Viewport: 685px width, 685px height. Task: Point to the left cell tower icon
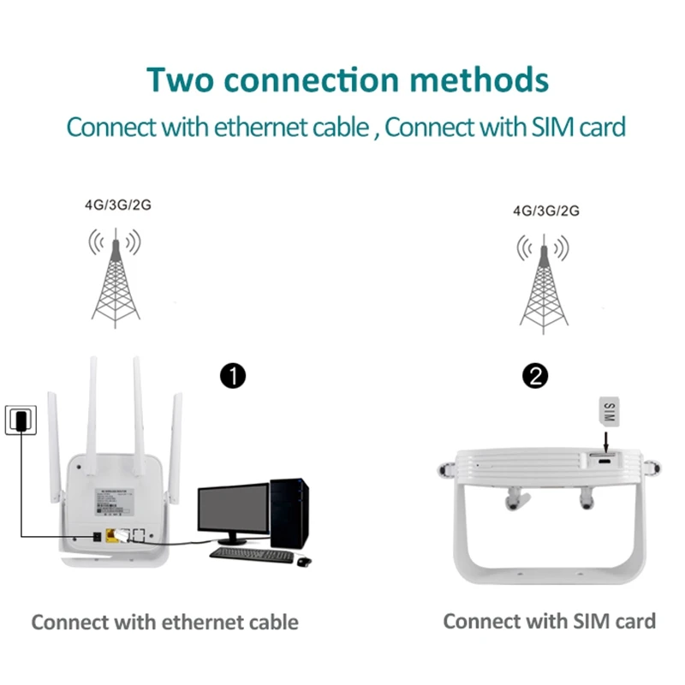115,278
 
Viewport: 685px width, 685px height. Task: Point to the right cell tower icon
544,283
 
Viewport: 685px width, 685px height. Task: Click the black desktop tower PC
289,514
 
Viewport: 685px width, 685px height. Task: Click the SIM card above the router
610,411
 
